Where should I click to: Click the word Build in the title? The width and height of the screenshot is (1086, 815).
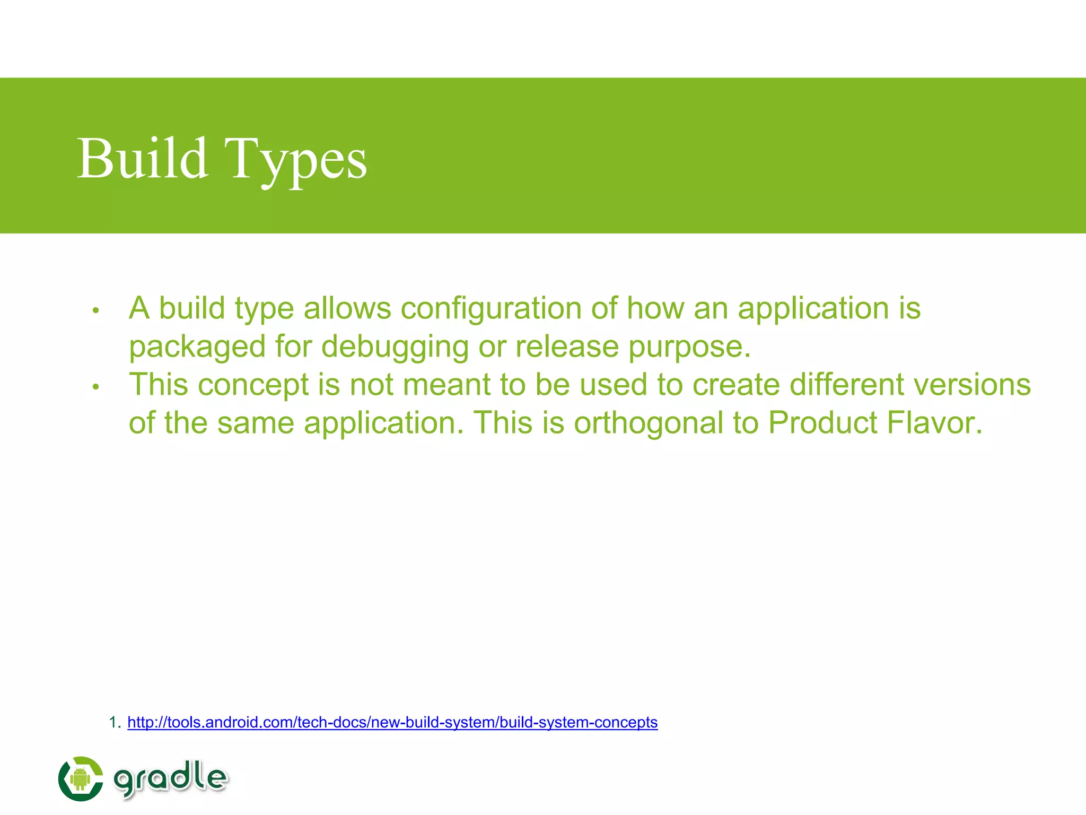point(142,158)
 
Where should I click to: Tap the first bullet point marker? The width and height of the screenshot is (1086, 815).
point(96,310)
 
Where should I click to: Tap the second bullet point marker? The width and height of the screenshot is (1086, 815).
point(96,387)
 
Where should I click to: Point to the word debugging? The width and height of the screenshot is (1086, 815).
point(395,347)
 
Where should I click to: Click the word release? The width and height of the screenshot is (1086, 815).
point(567,347)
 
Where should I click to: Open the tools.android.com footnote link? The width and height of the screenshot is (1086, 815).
point(392,722)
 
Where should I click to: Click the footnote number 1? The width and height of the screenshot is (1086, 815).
point(112,722)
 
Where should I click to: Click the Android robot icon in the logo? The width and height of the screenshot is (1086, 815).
point(80,778)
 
